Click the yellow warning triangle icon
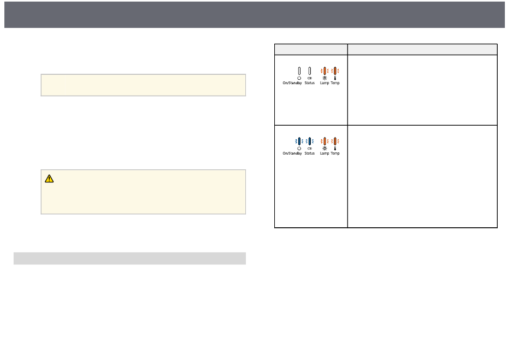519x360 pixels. (50, 178)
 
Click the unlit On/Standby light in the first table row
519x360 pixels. (299, 71)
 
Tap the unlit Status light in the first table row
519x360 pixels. (310, 71)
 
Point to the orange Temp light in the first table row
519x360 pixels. (335, 71)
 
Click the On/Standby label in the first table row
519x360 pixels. (292, 84)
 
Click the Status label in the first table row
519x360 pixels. (310, 84)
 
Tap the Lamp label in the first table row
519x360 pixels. (325, 84)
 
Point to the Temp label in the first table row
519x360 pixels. (335, 84)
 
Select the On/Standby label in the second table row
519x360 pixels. (292, 154)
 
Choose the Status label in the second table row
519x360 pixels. (310, 154)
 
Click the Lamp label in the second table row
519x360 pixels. (325, 154)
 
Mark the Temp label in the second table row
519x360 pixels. (335, 154)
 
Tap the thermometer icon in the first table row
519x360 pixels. (335, 78)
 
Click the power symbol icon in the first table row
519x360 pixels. (299, 78)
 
